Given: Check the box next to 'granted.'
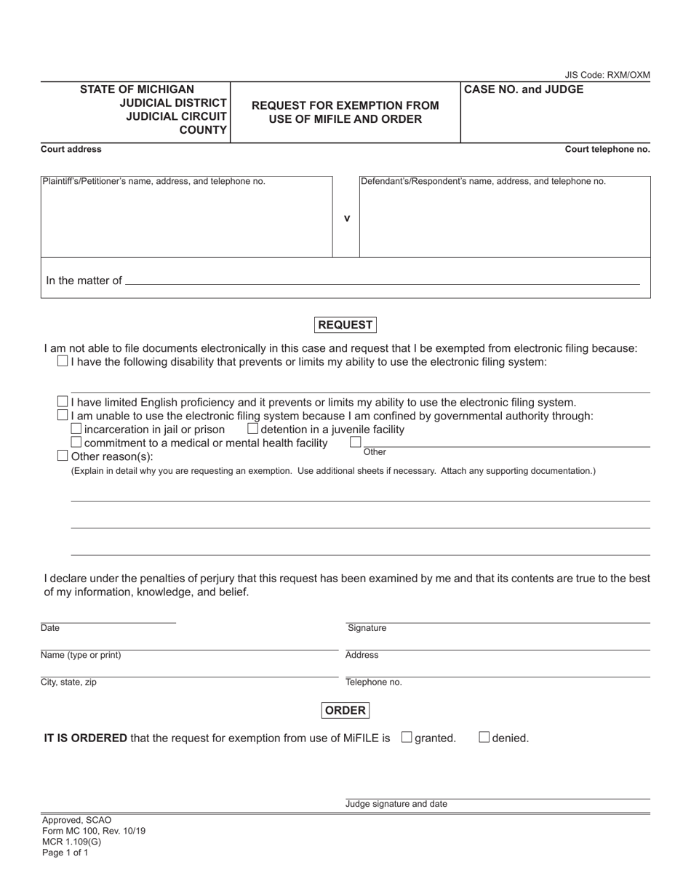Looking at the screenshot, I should [407, 737].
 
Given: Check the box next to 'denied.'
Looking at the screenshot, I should [484, 737].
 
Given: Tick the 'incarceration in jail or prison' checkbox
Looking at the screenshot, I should [76, 429].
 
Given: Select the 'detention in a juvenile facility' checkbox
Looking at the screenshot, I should [253, 429].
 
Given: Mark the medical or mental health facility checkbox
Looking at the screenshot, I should [76, 442].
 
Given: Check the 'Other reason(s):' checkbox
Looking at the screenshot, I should [63, 456].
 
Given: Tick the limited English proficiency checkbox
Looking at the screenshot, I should [63, 402].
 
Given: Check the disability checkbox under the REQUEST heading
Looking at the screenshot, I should [63, 361].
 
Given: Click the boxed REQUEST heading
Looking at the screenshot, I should [345, 325].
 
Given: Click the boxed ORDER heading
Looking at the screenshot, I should [345, 710].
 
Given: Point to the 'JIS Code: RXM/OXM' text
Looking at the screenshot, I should [607, 75].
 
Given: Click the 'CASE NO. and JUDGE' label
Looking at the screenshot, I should [524, 89].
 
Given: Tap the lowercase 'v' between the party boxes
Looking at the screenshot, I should [346, 217].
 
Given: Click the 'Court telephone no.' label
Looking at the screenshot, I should [607, 149].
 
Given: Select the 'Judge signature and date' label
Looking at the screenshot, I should [396, 804].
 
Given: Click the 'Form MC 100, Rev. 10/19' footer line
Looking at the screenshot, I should [93, 831].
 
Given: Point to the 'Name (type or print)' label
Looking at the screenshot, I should [81, 655].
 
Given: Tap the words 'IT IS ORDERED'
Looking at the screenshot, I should [85, 738].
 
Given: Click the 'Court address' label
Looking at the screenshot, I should [71, 149].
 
